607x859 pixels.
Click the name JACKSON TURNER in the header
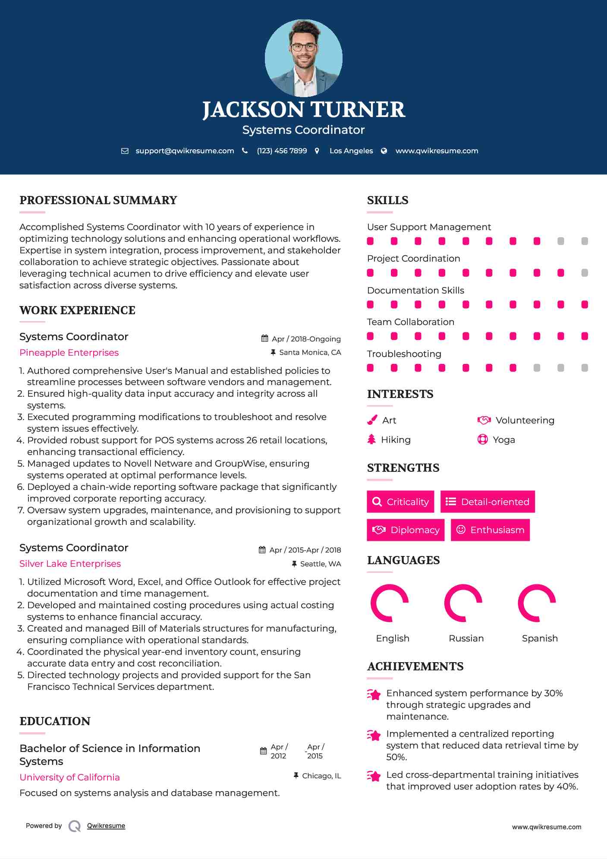[x=304, y=110]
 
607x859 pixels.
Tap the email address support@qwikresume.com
[x=185, y=151]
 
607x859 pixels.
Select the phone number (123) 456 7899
[x=282, y=151]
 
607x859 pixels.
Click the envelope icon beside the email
[x=125, y=151]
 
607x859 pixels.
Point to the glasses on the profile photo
[x=303, y=47]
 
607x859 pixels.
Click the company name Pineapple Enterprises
[x=69, y=353]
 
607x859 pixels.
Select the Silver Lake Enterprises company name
[x=70, y=564]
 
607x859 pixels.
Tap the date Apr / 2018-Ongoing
[x=306, y=339]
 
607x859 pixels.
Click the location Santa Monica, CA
[x=310, y=353]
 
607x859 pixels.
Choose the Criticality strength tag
[x=400, y=502]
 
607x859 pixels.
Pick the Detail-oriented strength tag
[x=487, y=502]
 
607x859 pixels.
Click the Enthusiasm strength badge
[x=490, y=530]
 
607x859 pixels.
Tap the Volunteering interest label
[x=525, y=420]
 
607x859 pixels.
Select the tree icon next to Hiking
[x=371, y=440]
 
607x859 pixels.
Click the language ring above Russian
[x=463, y=603]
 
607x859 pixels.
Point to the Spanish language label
[x=540, y=638]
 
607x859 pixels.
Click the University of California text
[x=69, y=777]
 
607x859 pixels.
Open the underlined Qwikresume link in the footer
[x=106, y=826]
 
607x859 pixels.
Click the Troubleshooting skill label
[x=404, y=354]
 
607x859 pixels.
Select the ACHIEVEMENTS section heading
[x=415, y=666]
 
